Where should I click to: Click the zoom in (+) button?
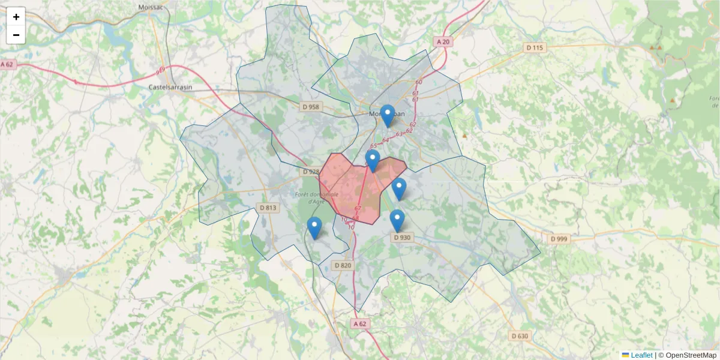pos(16,17)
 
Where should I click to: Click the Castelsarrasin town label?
pos(170,87)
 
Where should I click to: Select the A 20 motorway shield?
pos(443,41)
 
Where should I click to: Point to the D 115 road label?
pos(534,47)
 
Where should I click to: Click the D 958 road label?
pos(311,107)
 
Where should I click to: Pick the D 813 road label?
pos(268,208)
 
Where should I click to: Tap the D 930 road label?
pos(402,237)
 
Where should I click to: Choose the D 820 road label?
pos(342,265)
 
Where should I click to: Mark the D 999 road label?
pos(560,239)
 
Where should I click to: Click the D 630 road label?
pos(520,336)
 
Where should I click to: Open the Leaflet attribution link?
pos(641,355)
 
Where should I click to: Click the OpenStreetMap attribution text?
pos(691,355)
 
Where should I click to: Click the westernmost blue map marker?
pos(314,227)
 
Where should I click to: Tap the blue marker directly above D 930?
pos(397,220)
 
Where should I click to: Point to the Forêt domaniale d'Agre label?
pos(317,197)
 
